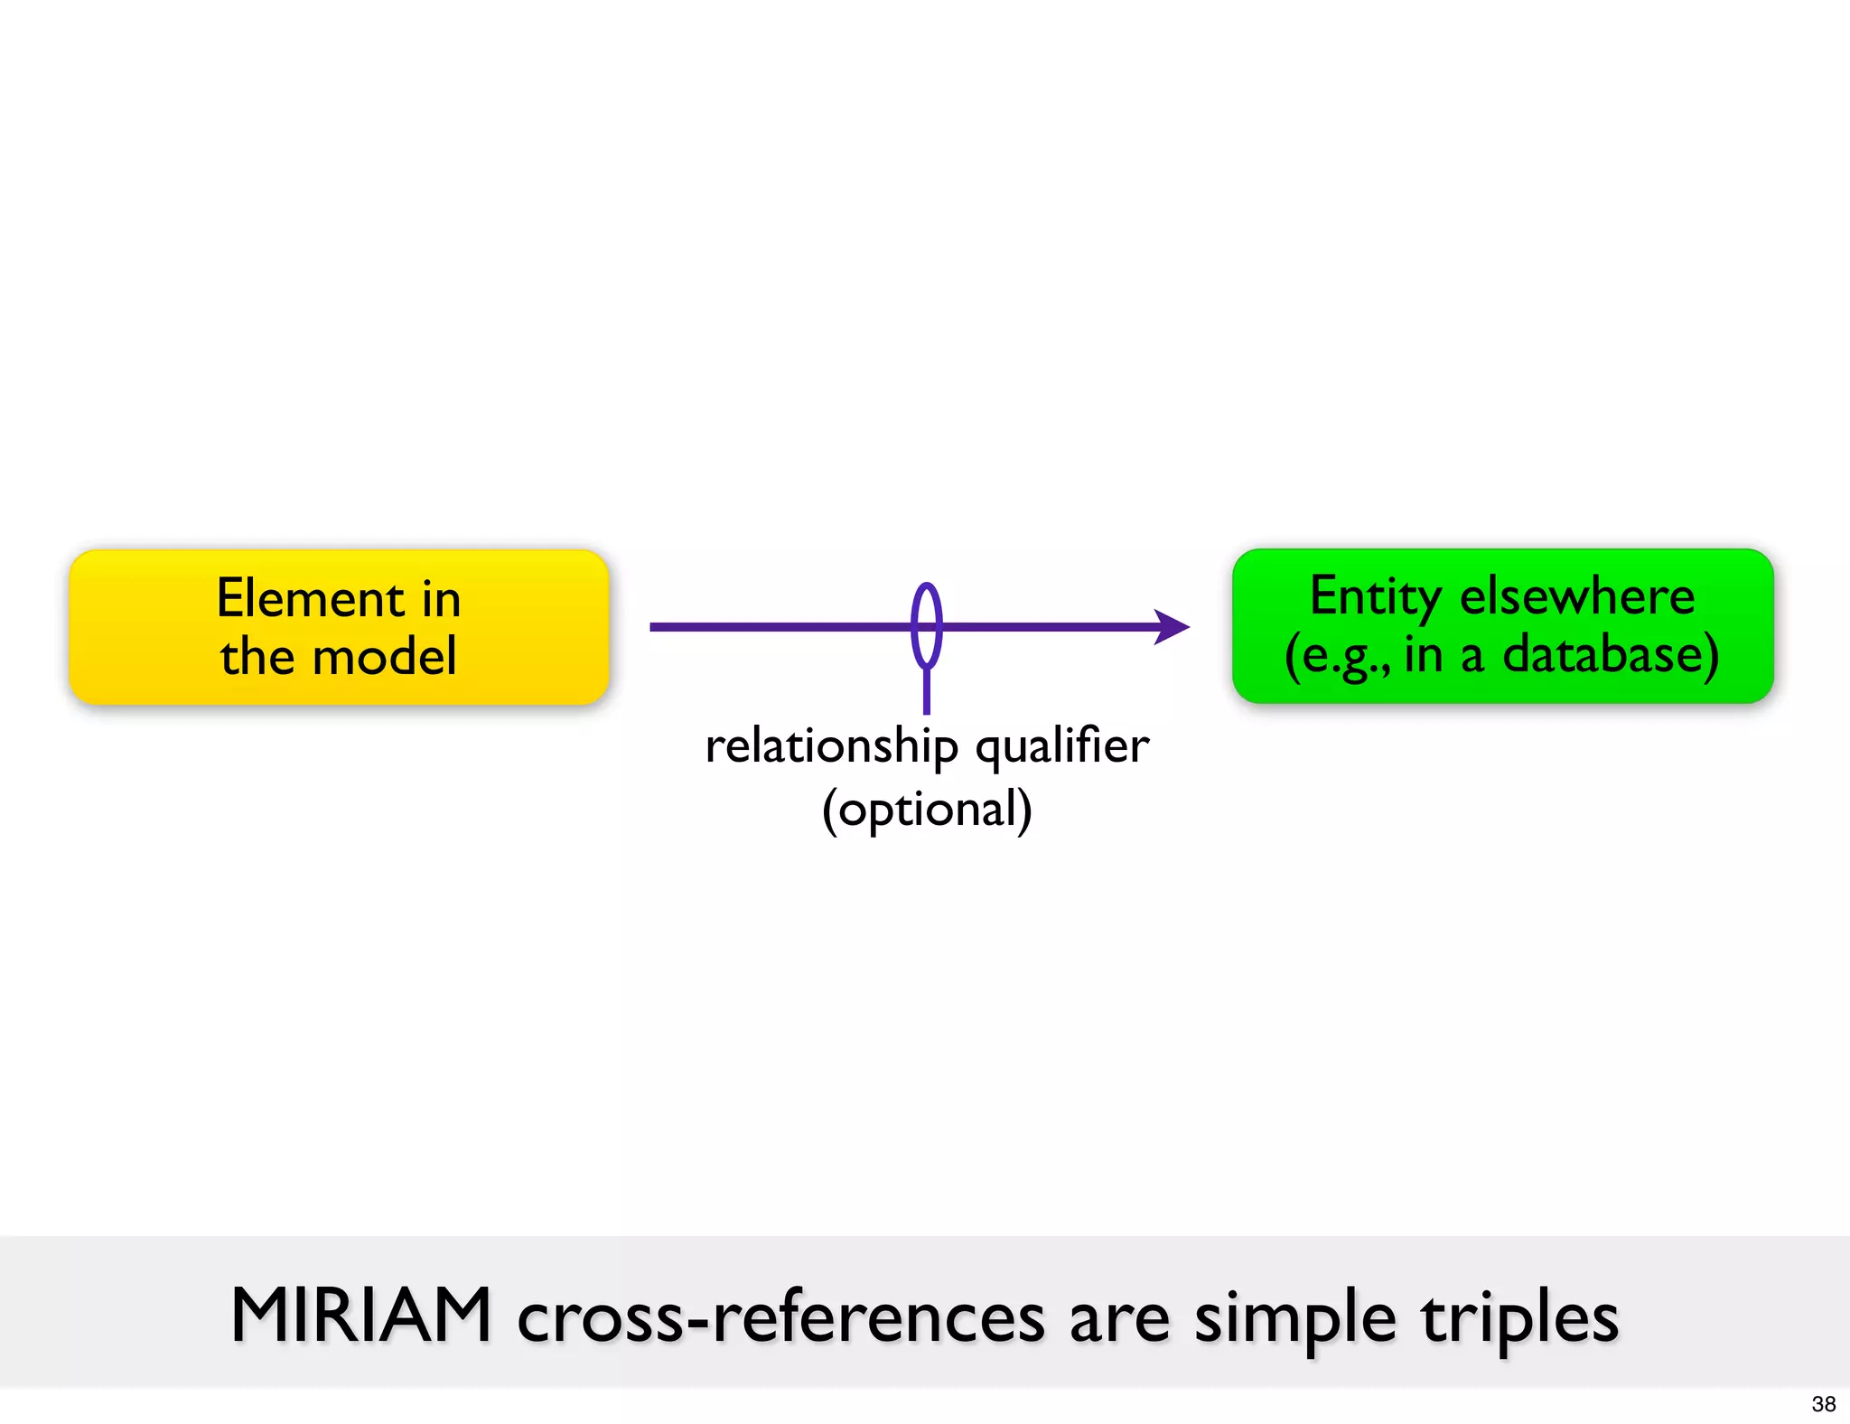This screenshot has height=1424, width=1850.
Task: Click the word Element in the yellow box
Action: point(310,599)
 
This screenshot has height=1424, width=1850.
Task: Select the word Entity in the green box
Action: point(1375,597)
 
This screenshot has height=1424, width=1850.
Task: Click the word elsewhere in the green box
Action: point(1577,596)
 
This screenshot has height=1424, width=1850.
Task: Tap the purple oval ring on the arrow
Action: point(927,625)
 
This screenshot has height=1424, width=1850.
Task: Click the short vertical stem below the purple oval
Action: point(927,692)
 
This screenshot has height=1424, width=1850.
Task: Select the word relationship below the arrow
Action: point(831,747)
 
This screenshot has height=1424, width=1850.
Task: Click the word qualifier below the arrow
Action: point(1062,747)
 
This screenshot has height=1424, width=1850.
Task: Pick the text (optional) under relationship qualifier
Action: point(927,809)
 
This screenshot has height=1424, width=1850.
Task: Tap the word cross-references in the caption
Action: point(780,1317)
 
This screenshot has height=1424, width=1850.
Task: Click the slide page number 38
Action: point(1823,1404)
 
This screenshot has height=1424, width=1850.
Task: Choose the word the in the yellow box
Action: point(257,656)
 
